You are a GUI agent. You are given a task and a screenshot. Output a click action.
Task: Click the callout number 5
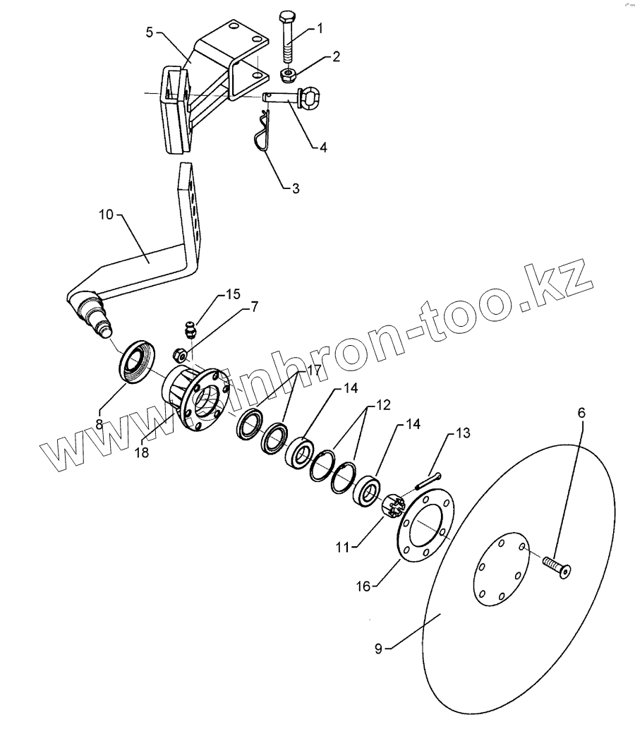click(x=149, y=32)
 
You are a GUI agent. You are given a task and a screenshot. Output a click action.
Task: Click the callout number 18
click(x=142, y=453)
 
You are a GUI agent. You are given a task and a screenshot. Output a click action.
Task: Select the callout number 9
click(x=378, y=648)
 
